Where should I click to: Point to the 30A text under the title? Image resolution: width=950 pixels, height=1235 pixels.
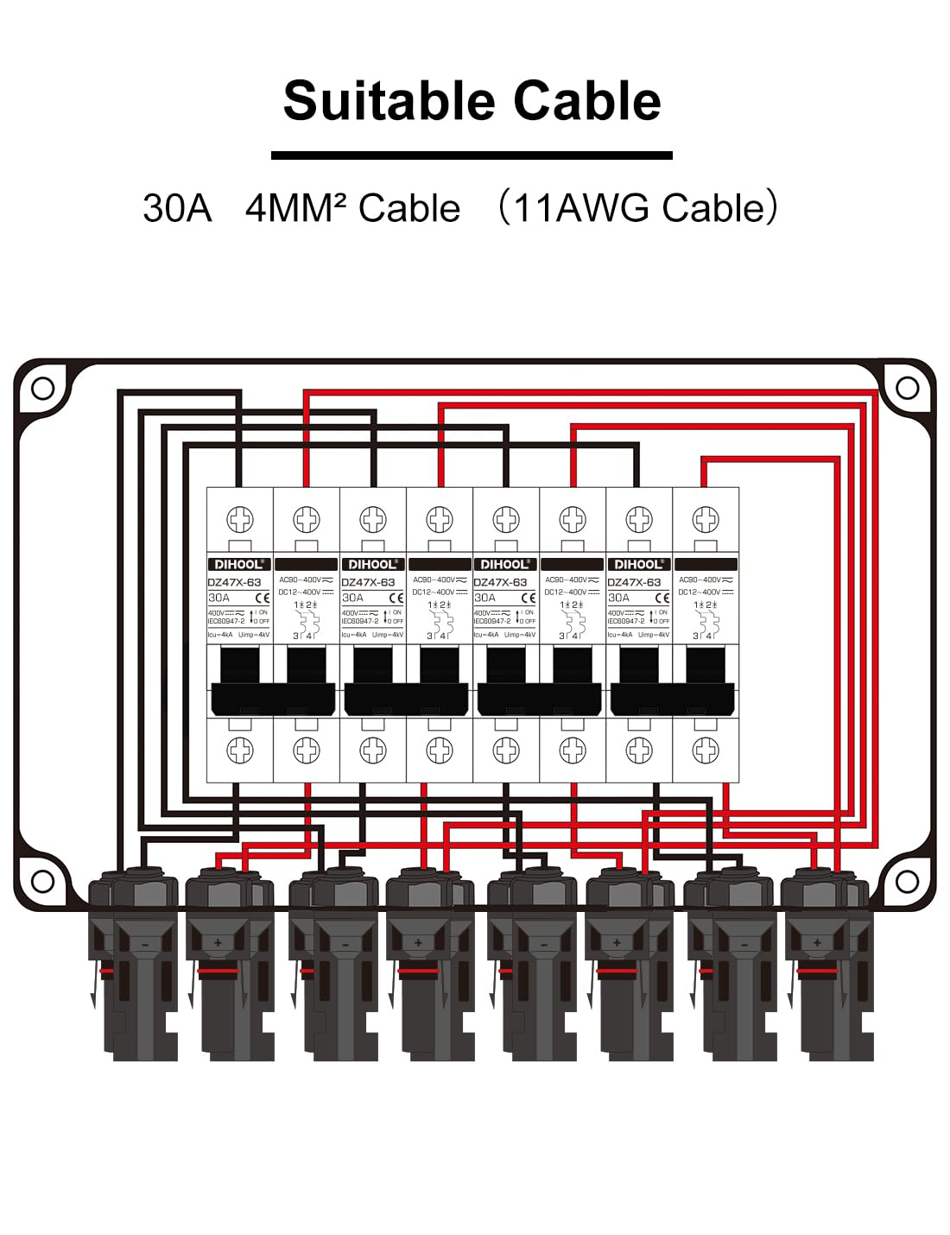pyautogui.click(x=177, y=208)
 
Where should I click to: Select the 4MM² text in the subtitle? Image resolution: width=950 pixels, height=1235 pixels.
pyautogui.click(x=295, y=208)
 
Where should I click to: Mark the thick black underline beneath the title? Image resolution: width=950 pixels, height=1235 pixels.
pyautogui.click(x=472, y=155)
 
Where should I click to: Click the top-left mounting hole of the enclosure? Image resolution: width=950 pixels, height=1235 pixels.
pyautogui.click(x=42, y=389)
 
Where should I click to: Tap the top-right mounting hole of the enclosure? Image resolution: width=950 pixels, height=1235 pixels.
pyautogui.click(x=907, y=389)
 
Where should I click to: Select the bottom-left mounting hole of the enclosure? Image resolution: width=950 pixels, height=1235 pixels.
pyautogui.click(x=42, y=882)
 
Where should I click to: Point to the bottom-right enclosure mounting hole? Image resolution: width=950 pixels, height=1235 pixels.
pyautogui.click(x=907, y=882)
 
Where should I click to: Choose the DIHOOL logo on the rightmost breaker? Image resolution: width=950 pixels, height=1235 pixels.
pyautogui.click(x=638, y=564)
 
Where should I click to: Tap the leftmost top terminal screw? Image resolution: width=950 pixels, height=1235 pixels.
pyautogui.click(x=239, y=519)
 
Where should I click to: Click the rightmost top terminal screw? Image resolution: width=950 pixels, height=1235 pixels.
pyautogui.click(x=706, y=519)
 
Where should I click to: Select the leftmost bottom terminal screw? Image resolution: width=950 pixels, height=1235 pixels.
pyautogui.click(x=239, y=750)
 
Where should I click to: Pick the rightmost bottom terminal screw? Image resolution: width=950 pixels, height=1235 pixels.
pyautogui.click(x=706, y=750)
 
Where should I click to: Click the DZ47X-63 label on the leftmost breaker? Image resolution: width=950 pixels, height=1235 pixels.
pyautogui.click(x=234, y=582)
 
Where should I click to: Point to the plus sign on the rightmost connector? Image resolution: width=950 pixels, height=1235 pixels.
pyautogui.click(x=817, y=943)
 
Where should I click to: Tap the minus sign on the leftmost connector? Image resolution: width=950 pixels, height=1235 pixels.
pyautogui.click(x=145, y=945)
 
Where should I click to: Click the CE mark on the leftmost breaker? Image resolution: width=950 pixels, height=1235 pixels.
pyautogui.click(x=263, y=598)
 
